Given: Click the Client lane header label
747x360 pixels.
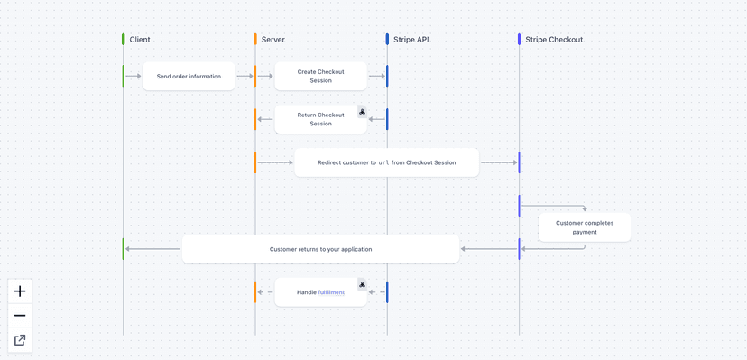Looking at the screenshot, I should [140, 40].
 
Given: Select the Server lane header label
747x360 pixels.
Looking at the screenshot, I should [272, 40].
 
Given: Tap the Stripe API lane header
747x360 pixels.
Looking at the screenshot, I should [410, 40].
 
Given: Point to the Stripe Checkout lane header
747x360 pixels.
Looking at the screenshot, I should [553, 40].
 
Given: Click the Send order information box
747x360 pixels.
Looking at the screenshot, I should [189, 77].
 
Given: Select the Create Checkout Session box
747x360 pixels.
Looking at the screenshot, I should [320, 76].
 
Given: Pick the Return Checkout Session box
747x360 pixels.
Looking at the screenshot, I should [320, 119].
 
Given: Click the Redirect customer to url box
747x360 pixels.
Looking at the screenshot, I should [386, 162].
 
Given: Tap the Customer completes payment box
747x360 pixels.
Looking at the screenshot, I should [585, 227].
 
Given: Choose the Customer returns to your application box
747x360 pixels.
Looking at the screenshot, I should [320, 249].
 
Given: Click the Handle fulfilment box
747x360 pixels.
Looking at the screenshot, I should [320, 292].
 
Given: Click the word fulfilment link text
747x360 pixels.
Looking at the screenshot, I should [331, 292].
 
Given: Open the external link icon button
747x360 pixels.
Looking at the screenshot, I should [20, 340].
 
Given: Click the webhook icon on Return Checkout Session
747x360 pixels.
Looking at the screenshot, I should [362, 112].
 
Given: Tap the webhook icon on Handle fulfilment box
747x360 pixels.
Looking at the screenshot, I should [362, 284].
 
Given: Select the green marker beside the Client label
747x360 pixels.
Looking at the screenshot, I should [124, 39].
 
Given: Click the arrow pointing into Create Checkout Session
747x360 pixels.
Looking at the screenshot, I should [245, 77].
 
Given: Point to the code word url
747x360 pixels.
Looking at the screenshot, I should [383, 162].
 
